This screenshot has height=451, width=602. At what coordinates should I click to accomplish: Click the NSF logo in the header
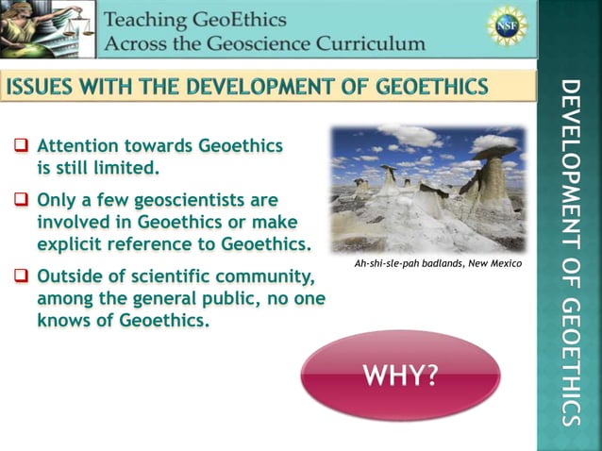(x=508, y=25)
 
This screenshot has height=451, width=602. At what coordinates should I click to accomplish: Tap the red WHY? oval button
(x=401, y=375)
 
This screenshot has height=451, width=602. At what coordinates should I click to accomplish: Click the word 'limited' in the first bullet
(x=126, y=169)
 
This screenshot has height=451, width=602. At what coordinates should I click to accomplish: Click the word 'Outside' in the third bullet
(x=69, y=277)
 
